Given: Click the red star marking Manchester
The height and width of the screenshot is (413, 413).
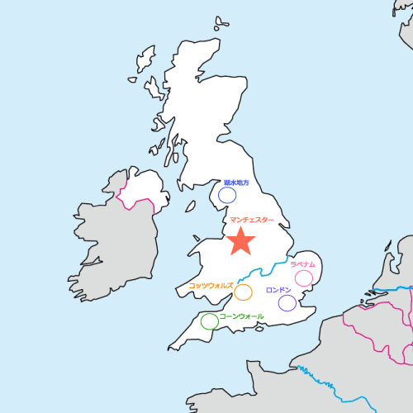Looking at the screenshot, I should [x=240, y=240].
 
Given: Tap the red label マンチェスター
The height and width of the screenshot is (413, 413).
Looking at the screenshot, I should [x=252, y=221].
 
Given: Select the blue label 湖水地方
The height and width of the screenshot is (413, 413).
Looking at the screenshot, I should [x=235, y=183].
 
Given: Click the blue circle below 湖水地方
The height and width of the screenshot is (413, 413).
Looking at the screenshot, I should [x=227, y=196].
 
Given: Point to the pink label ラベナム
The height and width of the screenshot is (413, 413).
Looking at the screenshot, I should [x=303, y=264].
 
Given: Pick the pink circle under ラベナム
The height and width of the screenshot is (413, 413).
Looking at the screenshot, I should [x=304, y=278].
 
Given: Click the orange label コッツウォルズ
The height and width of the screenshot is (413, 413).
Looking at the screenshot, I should [x=211, y=284].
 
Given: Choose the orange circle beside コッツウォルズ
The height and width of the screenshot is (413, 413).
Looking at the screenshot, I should [x=243, y=292].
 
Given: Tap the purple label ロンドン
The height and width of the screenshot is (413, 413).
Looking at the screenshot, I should [x=278, y=290].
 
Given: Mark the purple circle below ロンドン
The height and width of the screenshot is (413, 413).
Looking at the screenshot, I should [x=287, y=303].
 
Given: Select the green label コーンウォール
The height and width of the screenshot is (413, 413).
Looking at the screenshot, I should [x=242, y=316].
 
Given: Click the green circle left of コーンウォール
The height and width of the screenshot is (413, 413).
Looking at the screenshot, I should [x=210, y=320].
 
